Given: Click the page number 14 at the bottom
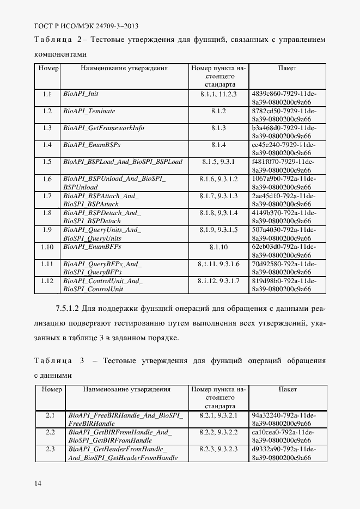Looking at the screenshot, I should click(38, 483).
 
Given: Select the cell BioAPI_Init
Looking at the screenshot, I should click(81, 94).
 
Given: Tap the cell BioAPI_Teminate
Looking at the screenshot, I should click(89, 111).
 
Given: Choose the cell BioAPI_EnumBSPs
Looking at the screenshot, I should click(91, 145).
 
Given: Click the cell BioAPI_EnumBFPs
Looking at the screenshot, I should click(91, 247).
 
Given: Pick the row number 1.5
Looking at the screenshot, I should click(47, 162).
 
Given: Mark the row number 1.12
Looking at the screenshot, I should click(47, 281).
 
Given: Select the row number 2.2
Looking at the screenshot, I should click(50, 432).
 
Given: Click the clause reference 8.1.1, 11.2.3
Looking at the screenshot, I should click(218, 94).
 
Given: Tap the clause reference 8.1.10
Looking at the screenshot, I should click(218, 247).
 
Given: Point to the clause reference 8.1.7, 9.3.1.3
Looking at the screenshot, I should click(218, 195).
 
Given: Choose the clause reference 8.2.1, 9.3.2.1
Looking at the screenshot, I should click(218, 415).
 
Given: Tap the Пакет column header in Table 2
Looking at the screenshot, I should click(287, 69).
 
